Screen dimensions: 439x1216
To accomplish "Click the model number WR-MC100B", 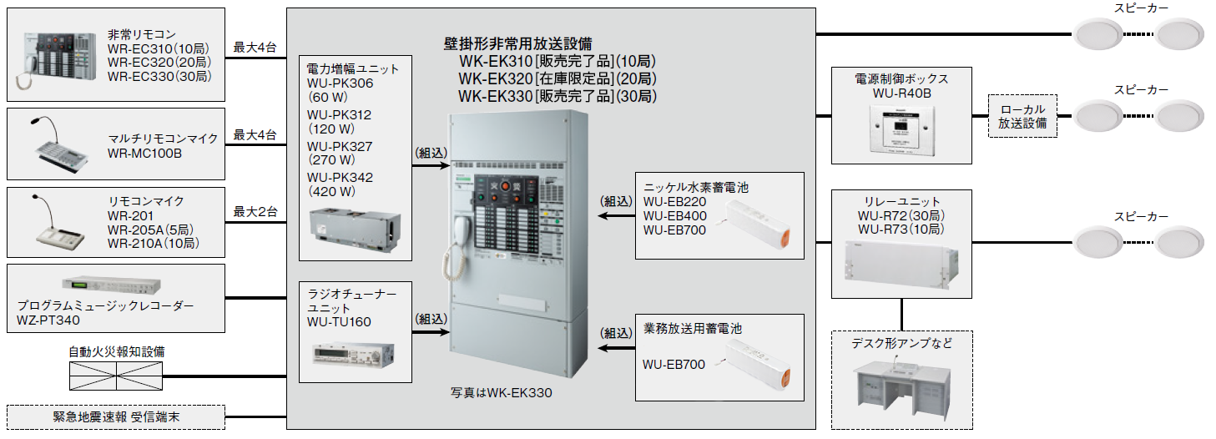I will coord(144,154).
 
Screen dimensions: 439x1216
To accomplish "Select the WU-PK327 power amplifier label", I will coord(340,146).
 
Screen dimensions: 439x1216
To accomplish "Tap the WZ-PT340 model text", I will coord(48,320).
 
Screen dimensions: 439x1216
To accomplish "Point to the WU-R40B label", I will coord(901,93).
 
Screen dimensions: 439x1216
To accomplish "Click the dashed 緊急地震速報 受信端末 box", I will coord(115,416).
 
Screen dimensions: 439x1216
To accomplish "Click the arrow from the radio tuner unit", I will coord(431,331).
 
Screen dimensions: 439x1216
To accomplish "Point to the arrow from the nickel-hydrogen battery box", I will coord(616,215).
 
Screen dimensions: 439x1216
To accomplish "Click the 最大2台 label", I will coord(255,211).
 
